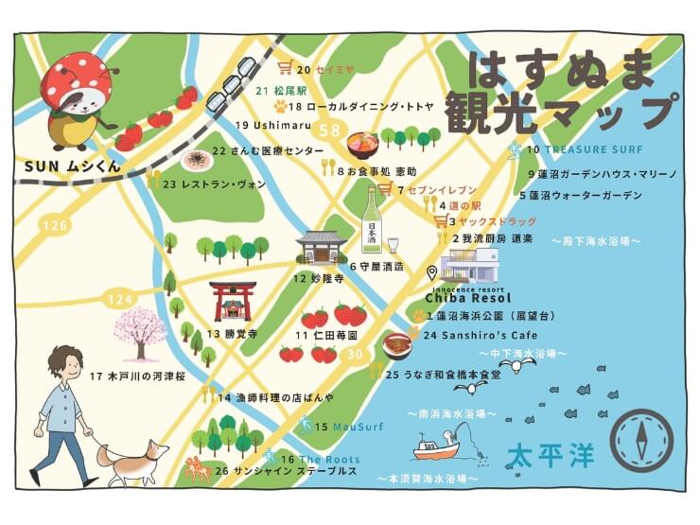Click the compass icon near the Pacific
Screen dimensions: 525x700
[641, 441]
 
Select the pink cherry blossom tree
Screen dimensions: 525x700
[140, 332]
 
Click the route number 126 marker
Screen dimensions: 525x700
[55, 225]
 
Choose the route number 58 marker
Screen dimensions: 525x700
[330, 131]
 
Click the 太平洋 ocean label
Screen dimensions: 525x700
[550, 455]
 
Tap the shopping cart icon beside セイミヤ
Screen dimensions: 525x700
[285, 68]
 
